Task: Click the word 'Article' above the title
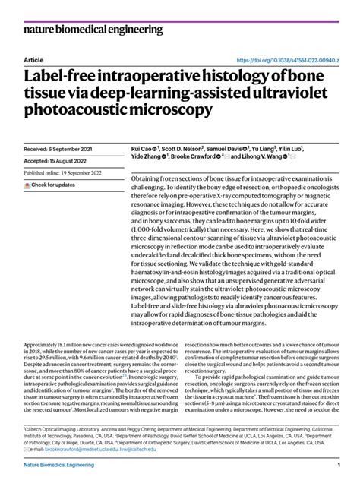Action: (33, 59)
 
